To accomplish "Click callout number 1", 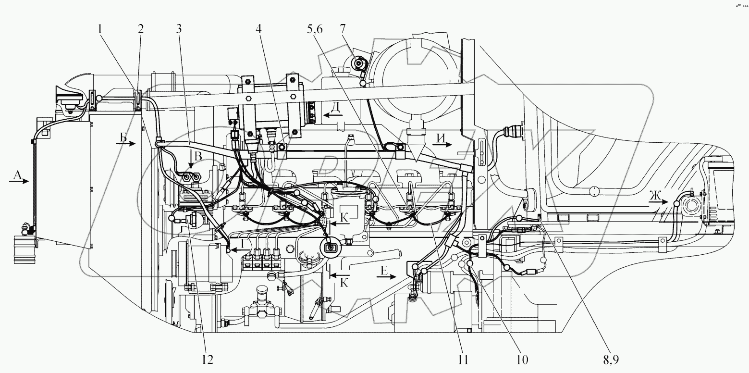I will click(x=100, y=28).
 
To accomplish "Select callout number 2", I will click(x=140, y=28).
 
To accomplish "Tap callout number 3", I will click(x=179, y=28).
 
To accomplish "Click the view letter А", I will click(x=16, y=176).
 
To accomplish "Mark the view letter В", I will click(x=197, y=157).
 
